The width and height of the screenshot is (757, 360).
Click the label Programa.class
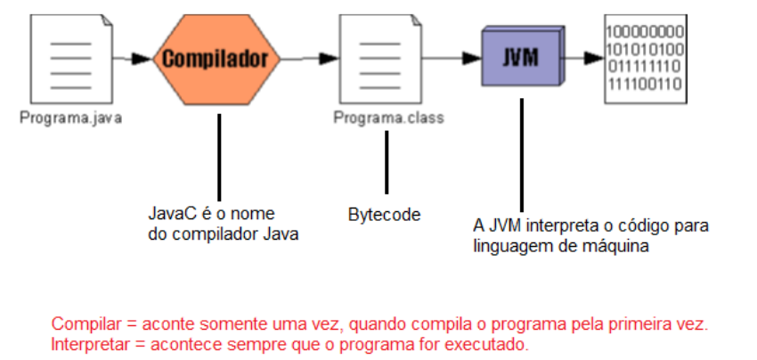pyautogui.click(x=388, y=117)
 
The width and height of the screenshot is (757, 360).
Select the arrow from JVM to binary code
pyautogui.click(x=585, y=60)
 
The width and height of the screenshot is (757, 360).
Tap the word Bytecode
pyautogui.click(x=384, y=215)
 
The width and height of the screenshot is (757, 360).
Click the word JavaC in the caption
pyautogui.click(x=167, y=215)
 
